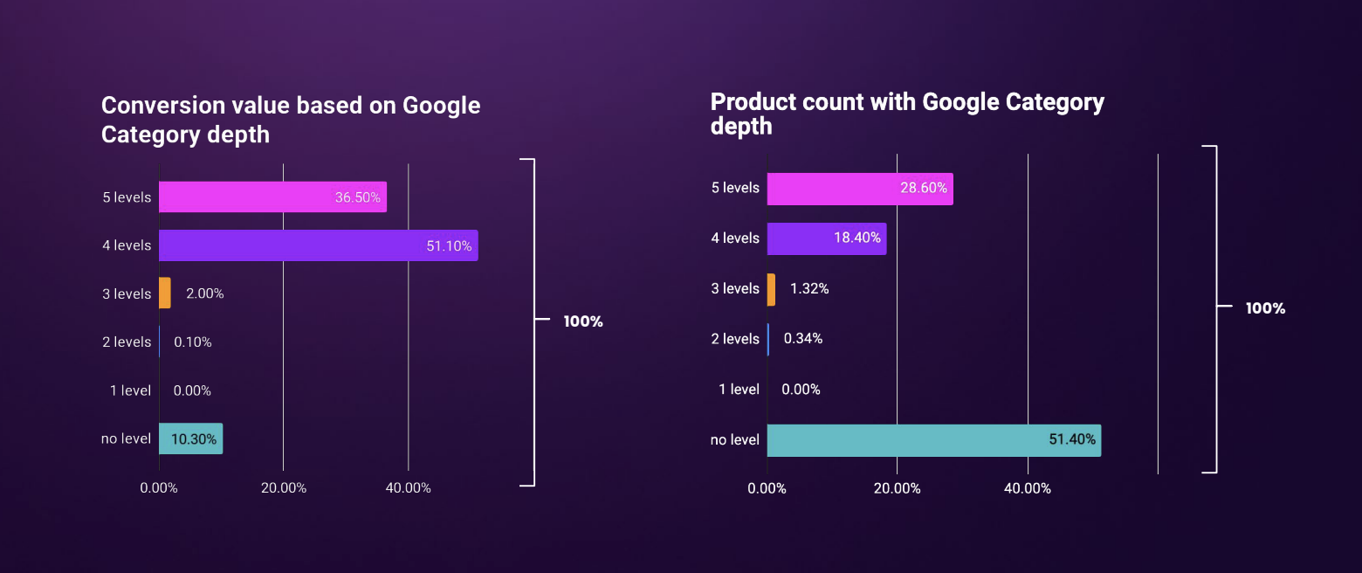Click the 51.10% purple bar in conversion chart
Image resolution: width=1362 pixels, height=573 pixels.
click(318, 245)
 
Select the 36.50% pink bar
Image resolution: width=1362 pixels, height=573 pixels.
click(272, 197)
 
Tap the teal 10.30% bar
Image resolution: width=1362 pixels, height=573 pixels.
click(190, 438)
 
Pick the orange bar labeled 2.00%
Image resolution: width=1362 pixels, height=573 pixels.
click(164, 293)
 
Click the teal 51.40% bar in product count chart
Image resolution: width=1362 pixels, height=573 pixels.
click(933, 440)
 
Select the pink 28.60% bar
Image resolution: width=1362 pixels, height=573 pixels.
click(859, 189)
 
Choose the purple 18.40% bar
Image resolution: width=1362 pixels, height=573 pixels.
click(826, 238)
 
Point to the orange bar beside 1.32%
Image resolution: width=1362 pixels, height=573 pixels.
click(771, 289)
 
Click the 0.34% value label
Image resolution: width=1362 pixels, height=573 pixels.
click(803, 339)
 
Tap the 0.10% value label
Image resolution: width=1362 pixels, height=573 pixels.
click(193, 342)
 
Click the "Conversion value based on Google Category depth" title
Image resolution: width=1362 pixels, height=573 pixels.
click(291, 120)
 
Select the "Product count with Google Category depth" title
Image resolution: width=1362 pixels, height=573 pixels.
click(907, 114)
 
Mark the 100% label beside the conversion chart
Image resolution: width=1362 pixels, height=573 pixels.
click(583, 321)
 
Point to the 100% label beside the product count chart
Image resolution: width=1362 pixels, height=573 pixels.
click(1265, 308)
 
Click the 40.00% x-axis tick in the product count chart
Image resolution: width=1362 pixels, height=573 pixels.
click(1028, 488)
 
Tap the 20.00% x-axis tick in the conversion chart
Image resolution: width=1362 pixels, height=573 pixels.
click(284, 488)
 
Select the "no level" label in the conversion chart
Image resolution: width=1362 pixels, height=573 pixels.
click(127, 438)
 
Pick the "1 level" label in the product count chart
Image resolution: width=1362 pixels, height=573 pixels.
click(739, 390)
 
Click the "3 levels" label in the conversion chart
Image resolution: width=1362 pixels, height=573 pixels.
click(127, 294)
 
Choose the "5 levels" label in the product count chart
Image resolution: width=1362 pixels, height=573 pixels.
click(735, 188)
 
